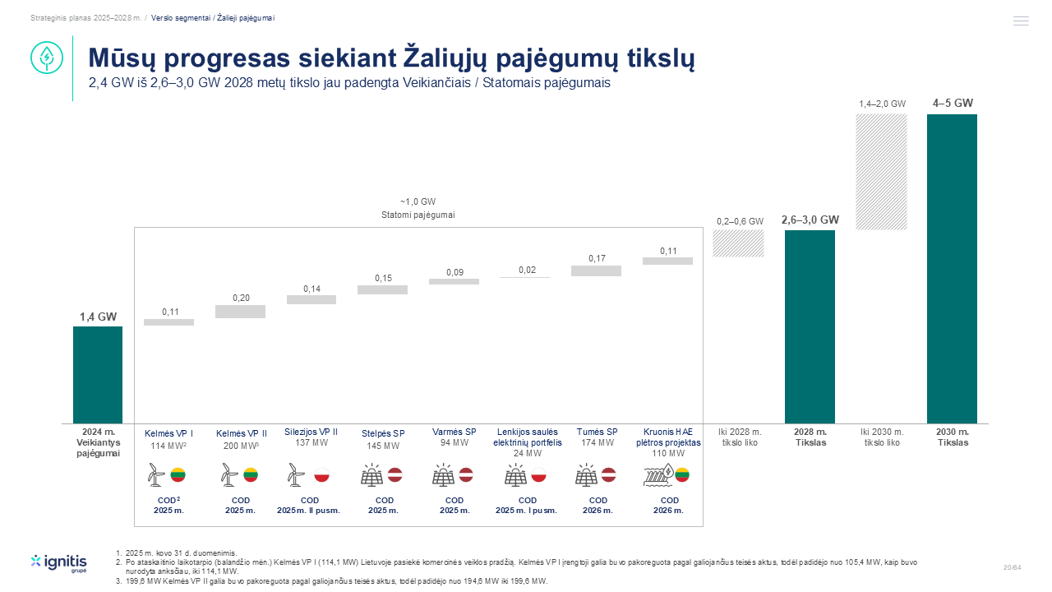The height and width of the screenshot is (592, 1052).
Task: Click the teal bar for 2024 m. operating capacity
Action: (x=98, y=375)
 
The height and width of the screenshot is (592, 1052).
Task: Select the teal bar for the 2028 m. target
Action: (x=810, y=326)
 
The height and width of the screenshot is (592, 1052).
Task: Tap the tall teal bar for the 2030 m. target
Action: (x=952, y=269)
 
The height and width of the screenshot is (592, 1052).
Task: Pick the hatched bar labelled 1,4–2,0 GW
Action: (x=881, y=172)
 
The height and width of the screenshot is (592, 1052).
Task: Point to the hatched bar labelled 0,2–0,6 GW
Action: (x=738, y=243)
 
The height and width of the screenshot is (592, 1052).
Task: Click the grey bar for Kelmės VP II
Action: (x=241, y=312)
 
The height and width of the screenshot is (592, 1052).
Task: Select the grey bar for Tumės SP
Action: (x=596, y=271)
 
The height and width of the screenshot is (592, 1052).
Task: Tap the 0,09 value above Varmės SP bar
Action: (x=454, y=272)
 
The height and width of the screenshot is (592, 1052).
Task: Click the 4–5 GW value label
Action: (x=953, y=103)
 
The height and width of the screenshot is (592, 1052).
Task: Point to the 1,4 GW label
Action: (x=98, y=317)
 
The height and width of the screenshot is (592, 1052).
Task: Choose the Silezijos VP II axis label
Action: (x=311, y=432)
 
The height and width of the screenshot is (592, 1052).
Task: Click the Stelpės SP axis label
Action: (x=383, y=433)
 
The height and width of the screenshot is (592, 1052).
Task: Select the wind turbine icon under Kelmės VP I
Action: (x=156, y=474)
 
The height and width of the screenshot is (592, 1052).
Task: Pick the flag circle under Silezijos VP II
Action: (x=321, y=474)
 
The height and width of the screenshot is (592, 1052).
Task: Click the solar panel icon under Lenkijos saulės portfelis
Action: (x=515, y=474)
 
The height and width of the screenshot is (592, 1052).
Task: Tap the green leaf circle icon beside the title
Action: (x=47, y=58)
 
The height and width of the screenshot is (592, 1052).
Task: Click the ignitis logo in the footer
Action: (x=58, y=563)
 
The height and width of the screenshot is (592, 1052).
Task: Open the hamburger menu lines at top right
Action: (x=1021, y=21)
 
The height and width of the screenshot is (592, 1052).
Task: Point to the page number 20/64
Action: (x=1012, y=567)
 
